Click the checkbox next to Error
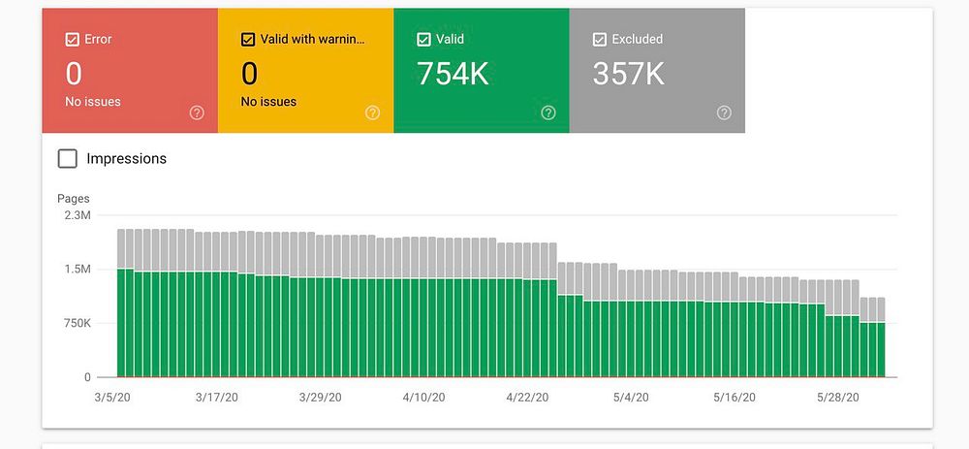(72, 40)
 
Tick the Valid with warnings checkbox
(247, 40)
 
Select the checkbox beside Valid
(422, 40)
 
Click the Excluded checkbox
(599, 40)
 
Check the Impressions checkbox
(68, 158)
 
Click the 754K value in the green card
(453, 74)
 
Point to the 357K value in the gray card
(629, 74)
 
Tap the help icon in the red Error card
(197, 112)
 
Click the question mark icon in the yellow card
(372, 112)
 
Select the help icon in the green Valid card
(548, 112)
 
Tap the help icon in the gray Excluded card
(724, 112)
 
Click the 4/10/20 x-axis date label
(423, 398)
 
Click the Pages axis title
(74, 199)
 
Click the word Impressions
(126, 158)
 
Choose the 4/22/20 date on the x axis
(527, 398)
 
